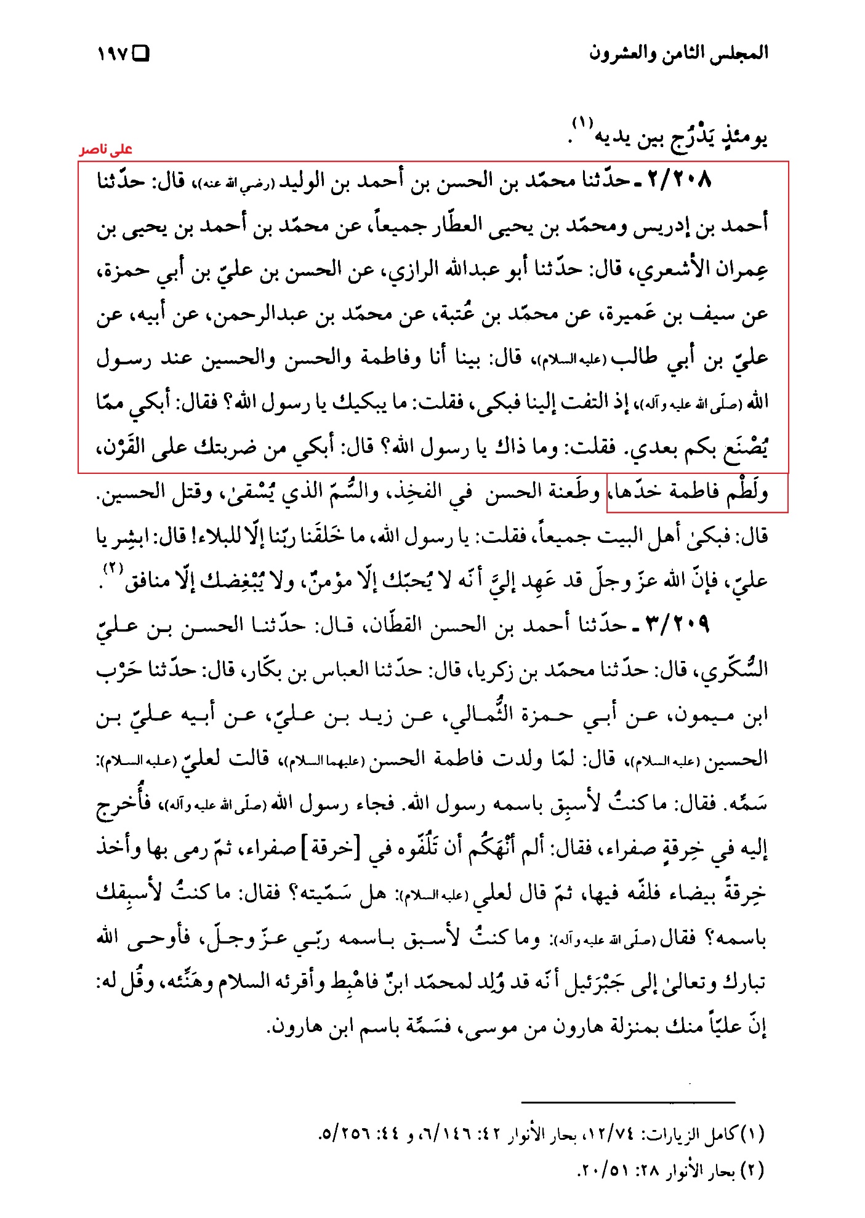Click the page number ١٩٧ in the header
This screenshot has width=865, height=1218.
pos(112,54)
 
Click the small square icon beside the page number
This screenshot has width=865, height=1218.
pos(142,54)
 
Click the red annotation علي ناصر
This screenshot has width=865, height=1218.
pos(105,150)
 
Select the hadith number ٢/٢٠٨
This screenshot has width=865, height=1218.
pos(679,180)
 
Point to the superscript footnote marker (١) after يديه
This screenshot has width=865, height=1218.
pos(581,122)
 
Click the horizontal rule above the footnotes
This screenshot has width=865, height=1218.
pos(628,1102)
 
